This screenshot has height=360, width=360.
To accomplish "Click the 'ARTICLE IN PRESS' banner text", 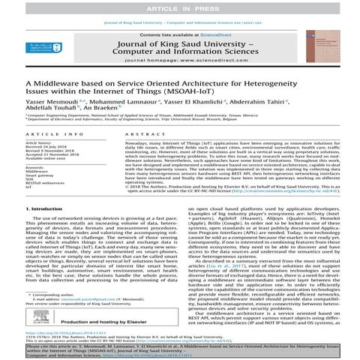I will [x=180, y=6].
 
